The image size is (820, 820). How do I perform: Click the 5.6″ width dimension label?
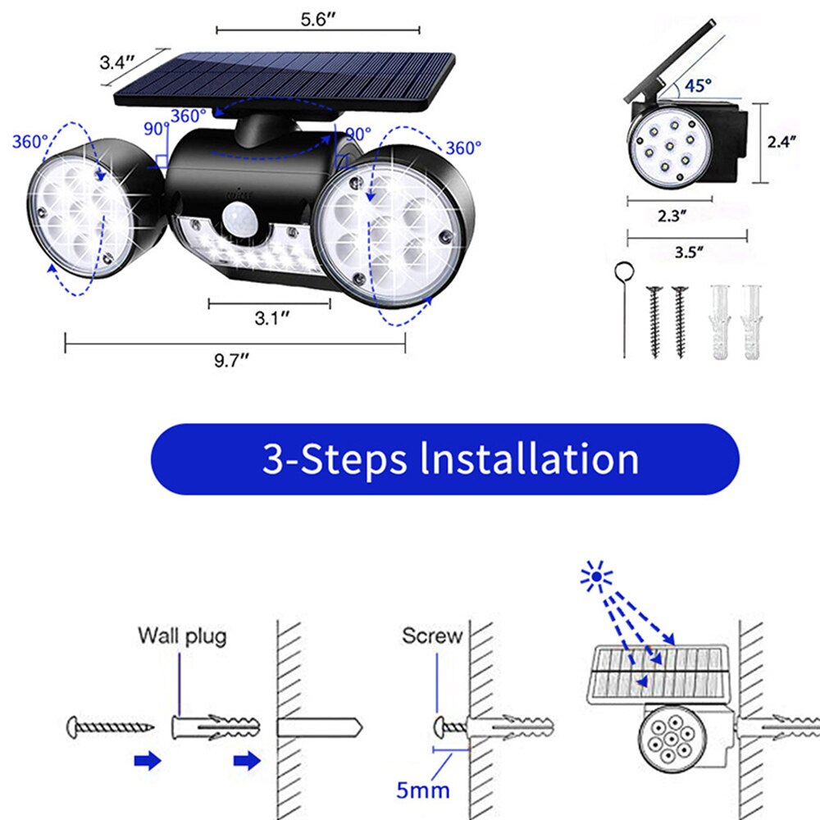[318, 20]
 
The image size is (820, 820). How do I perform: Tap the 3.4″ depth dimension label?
[117, 62]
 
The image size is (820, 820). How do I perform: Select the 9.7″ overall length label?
[232, 360]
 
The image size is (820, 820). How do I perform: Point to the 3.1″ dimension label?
[272, 317]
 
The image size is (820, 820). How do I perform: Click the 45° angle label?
[698, 85]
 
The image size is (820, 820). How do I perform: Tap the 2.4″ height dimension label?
[781, 142]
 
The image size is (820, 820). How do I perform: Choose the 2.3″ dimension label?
[672, 216]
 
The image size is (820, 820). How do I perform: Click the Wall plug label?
[183, 636]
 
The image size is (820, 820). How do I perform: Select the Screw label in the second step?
[432, 635]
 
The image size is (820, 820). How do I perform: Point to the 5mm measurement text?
[422, 790]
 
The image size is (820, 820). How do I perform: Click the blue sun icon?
[595, 576]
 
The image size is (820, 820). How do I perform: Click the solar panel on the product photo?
[285, 82]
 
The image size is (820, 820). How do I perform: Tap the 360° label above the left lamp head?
[30, 141]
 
